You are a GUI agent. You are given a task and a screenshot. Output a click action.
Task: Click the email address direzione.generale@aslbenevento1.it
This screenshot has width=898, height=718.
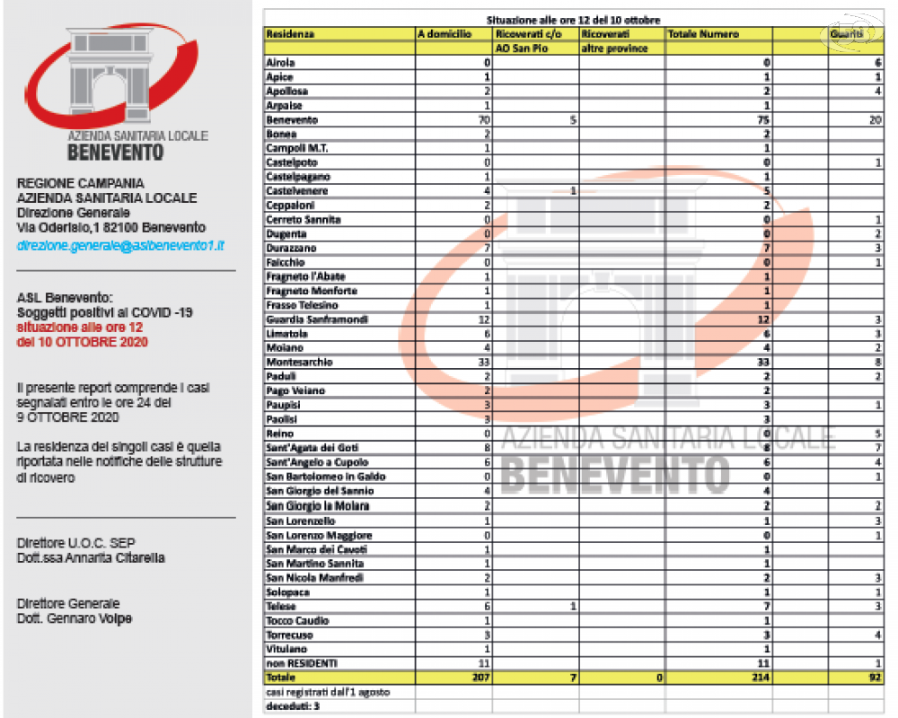[x=120, y=244]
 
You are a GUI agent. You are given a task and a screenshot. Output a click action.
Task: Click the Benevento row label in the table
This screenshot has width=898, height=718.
[x=292, y=120]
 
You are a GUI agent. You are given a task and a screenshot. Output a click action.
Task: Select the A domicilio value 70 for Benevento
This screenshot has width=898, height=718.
[x=483, y=120]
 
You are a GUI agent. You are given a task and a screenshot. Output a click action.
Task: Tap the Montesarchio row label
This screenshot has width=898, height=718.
[x=299, y=362]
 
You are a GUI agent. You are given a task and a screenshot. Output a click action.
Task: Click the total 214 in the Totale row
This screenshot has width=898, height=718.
[x=760, y=678]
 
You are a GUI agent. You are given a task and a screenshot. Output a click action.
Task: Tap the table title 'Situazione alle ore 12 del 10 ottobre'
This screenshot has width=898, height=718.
[x=574, y=20]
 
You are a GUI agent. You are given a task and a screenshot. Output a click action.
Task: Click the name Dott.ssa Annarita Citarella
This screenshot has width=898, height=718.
[x=91, y=558]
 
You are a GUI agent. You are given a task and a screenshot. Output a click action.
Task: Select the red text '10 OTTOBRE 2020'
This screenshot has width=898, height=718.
[x=83, y=342]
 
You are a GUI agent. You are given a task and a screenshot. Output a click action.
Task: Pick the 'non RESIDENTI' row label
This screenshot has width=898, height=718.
[x=302, y=663]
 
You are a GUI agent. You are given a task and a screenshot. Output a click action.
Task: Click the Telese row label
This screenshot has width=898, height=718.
[x=282, y=607]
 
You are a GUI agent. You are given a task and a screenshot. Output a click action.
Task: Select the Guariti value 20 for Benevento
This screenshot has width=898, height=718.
[x=875, y=120]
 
